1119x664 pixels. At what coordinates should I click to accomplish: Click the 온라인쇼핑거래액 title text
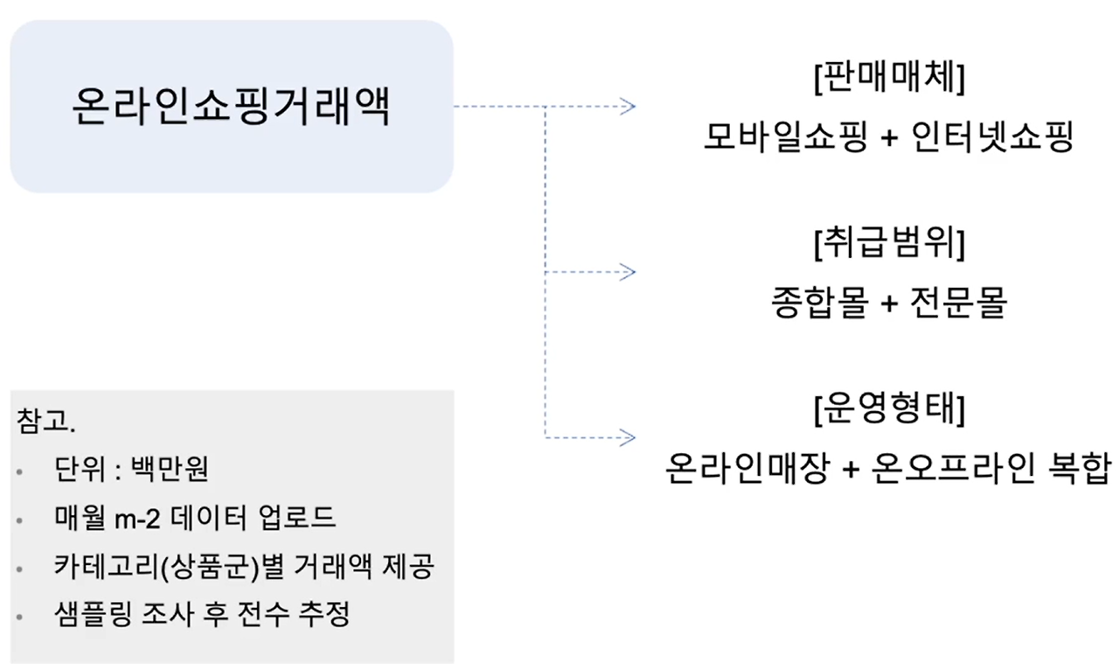click(x=231, y=107)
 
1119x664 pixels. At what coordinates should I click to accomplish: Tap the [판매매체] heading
click(x=888, y=79)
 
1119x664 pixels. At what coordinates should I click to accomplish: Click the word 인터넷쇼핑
click(x=991, y=137)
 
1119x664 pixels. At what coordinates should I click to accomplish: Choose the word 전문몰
click(x=959, y=303)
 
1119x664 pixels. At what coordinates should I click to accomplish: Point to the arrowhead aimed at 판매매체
click(x=627, y=107)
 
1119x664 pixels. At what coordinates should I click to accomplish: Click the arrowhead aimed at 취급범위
click(x=627, y=272)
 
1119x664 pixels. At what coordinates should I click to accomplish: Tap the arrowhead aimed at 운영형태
click(x=627, y=437)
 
